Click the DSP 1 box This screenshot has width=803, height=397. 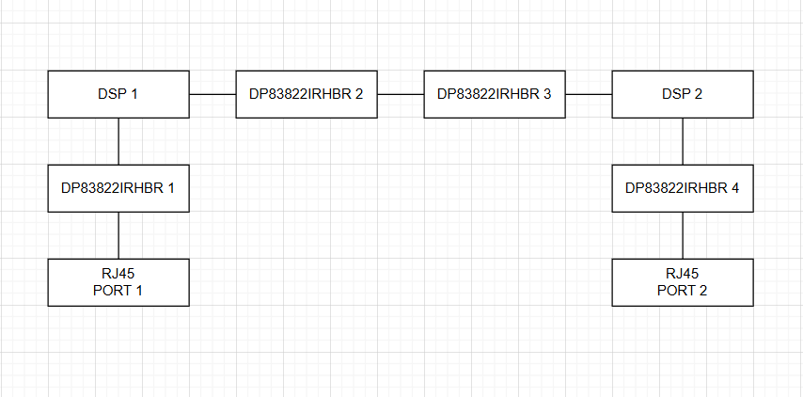click(118, 94)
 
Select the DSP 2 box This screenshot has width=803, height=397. click(683, 94)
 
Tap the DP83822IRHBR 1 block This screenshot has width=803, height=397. click(118, 188)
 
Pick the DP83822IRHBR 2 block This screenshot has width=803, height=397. click(307, 94)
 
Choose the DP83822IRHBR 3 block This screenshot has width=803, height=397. click(495, 94)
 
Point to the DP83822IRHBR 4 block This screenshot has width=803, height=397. click(683, 188)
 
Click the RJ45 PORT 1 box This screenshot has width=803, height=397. click(118, 282)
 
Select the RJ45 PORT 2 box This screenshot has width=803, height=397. click(683, 282)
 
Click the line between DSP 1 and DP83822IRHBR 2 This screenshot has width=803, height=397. click(213, 94)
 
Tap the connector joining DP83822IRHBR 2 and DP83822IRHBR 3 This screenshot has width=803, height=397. click(401, 94)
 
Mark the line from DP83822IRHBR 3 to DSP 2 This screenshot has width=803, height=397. click(589, 94)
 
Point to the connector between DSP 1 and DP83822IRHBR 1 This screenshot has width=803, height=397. click(118, 141)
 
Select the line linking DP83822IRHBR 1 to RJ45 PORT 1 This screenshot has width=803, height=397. click(118, 235)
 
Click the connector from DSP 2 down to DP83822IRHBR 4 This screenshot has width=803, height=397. click(683, 141)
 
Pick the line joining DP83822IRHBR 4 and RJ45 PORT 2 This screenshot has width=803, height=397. click(683, 235)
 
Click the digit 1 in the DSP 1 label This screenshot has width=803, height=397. click(134, 94)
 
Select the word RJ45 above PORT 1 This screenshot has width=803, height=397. click(118, 274)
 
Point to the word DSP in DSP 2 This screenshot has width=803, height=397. click(674, 94)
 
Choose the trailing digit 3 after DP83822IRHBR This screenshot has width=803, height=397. click(547, 94)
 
